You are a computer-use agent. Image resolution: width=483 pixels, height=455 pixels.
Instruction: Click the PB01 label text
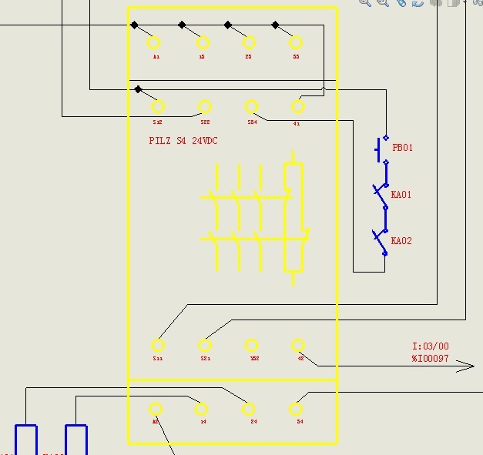pos(402,148)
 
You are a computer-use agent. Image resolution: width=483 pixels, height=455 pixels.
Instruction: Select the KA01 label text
pos(401,195)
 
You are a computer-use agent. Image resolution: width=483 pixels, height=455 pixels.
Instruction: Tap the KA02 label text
pos(401,241)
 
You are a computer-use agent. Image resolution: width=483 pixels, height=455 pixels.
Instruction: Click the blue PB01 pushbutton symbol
pos(381,149)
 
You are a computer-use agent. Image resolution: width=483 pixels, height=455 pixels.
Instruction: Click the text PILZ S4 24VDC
pos(183,141)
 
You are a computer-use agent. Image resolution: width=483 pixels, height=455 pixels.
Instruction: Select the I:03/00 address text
pos(430,346)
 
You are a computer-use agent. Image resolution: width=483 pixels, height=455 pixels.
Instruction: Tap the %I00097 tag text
pos(430,358)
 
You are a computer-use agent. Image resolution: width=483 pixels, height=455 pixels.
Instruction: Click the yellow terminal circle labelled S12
pos(159,107)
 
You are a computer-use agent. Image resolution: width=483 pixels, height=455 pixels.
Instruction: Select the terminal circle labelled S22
pos(205,107)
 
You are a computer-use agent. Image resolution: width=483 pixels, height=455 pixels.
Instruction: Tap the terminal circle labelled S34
pos(251,107)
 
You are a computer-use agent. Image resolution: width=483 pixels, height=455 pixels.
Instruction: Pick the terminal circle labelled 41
pos(297,107)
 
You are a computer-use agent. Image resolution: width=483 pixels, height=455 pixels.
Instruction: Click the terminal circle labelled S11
pos(158,345)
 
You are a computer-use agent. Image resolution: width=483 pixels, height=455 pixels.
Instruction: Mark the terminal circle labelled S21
pos(205,345)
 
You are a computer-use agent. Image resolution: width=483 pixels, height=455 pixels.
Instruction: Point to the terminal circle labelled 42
pos(298,346)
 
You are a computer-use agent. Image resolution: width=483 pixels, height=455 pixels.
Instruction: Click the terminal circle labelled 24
pos(249,410)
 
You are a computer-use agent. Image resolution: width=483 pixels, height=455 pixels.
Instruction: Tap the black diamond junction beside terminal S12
pos(138,89)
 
